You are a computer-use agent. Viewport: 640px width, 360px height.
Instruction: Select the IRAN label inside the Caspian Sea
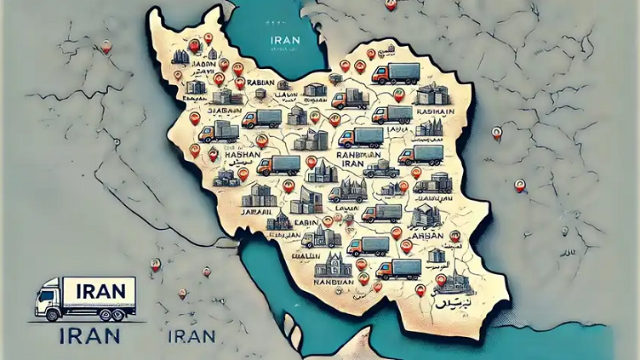(283, 39)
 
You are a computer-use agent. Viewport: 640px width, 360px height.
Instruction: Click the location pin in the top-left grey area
(106, 47)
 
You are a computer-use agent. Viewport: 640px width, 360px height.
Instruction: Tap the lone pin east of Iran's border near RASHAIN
(496, 133)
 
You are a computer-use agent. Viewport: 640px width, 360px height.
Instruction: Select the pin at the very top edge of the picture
(389, 4)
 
